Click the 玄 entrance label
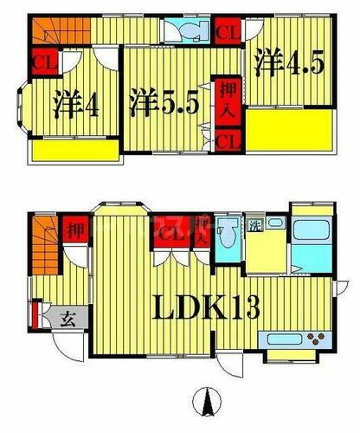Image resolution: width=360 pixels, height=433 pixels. (66, 318)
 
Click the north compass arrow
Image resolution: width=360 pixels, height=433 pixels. (207, 403)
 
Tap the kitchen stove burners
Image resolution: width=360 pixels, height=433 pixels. (316, 338)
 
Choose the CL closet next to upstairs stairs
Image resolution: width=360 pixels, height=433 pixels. (41, 62)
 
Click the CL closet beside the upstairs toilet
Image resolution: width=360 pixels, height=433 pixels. (228, 32)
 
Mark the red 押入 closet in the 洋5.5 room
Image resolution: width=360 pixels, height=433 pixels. (226, 102)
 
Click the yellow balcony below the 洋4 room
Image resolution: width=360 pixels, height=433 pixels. (77, 151)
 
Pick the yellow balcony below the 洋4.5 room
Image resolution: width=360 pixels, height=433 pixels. (289, 130)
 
